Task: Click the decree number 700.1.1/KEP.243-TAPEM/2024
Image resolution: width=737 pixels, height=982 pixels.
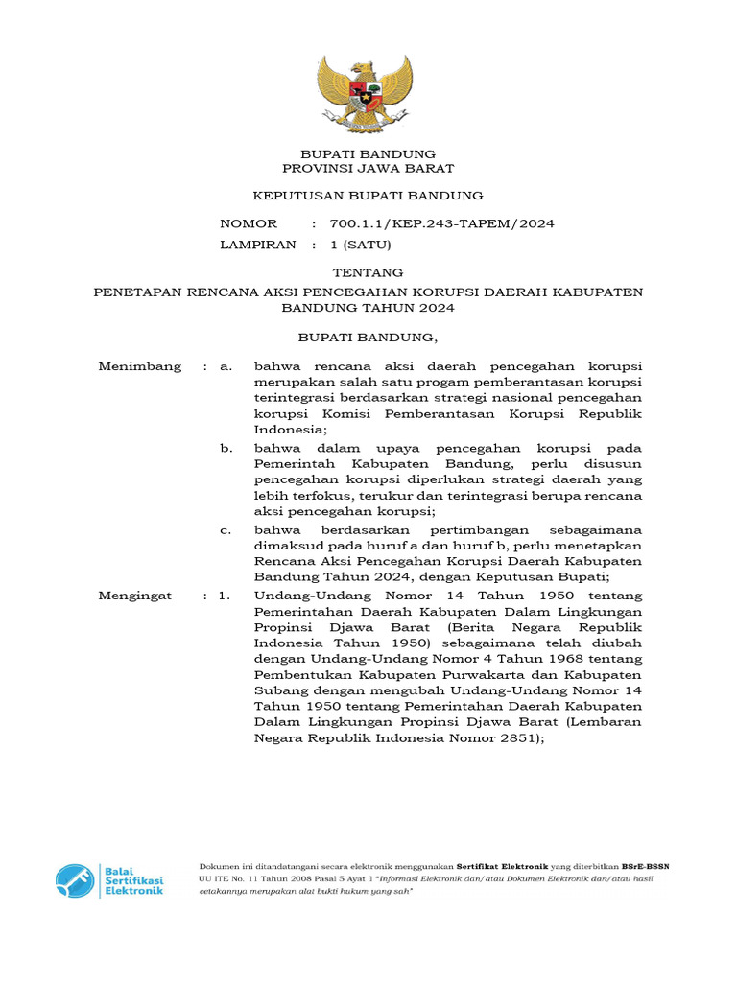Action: [x=441, y=223]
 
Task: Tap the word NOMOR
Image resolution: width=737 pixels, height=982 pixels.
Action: [x=249, y=223]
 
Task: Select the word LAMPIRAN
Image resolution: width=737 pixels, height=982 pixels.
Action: [x=258, y=245]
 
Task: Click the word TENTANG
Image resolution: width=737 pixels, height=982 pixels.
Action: [x=368, y=272]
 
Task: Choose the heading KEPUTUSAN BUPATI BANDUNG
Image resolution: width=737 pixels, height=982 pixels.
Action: [x=368, y=196]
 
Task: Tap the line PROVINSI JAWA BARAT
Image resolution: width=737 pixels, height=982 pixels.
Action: [x=368, y=168]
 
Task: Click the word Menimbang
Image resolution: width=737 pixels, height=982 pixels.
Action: [x=140, y=366]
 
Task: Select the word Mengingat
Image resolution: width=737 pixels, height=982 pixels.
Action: [x=136, y=596]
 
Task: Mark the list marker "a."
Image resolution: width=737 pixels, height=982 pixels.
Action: [x=226, y=366]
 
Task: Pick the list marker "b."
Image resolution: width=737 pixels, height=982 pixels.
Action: [x=226, y=448]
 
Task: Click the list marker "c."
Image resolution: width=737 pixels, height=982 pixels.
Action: [x=226, y=529]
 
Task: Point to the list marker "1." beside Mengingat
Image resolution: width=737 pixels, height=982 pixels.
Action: [x=225, y=596]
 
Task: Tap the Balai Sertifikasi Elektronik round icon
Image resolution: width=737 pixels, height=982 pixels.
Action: [x=74, y=880]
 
